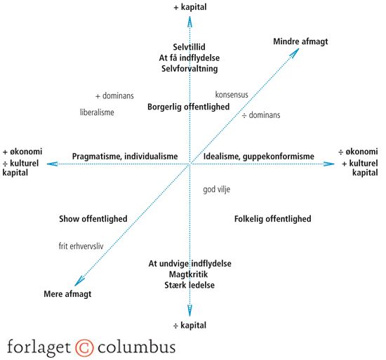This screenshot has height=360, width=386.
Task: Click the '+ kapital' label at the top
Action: click(x=190, y=7)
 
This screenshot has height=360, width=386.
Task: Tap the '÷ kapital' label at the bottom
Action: click(x=189, y=326)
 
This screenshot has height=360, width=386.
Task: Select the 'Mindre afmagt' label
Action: click(x=300, y=41)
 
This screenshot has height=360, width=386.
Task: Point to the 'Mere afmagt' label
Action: click(x=67, y=294)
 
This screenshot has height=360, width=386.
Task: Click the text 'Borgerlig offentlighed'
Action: click(x=189, y=107)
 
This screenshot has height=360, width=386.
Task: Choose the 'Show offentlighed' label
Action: click(x=93, y=219)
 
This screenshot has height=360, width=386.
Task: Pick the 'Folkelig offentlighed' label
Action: click(x=273, y=219)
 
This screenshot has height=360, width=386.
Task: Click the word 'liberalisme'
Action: click(x=97, y=112)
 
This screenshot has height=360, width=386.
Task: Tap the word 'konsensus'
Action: click(x=232, y=95)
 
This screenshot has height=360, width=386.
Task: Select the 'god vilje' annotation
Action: click(x=217, y=189)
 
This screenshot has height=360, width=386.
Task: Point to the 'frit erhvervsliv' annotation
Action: click(x=81, y=246)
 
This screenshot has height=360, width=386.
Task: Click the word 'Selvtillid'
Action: click(x=189, y=47)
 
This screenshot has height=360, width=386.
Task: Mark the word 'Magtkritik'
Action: click(x=189, y=274)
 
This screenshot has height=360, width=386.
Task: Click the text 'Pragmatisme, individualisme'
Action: click(x=125, y=156)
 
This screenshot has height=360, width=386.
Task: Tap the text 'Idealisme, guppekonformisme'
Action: click(x=259, y=156)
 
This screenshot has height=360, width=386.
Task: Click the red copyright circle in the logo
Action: click(x=84, y=347)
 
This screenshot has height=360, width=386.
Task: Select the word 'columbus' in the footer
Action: click(x=137, y=347)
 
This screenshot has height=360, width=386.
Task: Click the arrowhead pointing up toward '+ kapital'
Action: click(x=189, y=22)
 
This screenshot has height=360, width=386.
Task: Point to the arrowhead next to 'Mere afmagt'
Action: click(x=79, y=281)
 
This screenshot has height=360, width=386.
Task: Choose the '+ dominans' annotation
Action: click(x=114, y=95)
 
